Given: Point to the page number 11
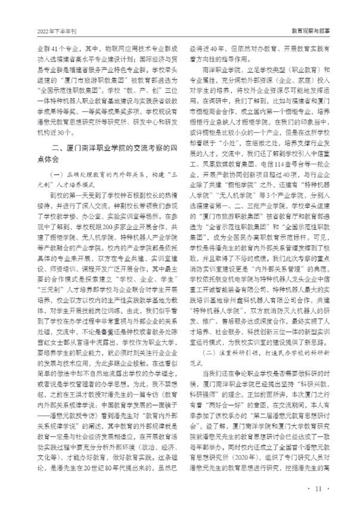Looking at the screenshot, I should (x=318, y=489).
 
